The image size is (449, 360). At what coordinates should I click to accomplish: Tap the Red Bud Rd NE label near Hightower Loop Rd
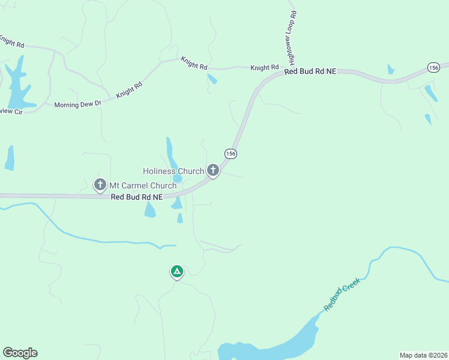point(310,71)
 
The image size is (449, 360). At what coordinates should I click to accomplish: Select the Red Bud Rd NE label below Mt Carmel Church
point(137,197)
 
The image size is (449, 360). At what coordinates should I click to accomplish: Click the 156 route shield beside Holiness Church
point(231,154)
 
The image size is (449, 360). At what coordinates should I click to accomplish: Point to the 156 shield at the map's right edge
point(433,67)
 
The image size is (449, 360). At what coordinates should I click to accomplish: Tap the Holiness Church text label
point(173,172)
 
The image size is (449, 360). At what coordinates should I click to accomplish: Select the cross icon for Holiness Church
point(212,170)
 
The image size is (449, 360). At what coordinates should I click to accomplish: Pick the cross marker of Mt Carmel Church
point(100,185)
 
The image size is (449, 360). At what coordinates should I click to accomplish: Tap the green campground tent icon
point(176,272)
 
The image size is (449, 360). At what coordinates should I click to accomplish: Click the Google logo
point(20,353)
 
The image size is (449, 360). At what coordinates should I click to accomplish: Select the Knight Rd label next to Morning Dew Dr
point(128,90)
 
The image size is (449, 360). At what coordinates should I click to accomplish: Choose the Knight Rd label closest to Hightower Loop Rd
point(265,68)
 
